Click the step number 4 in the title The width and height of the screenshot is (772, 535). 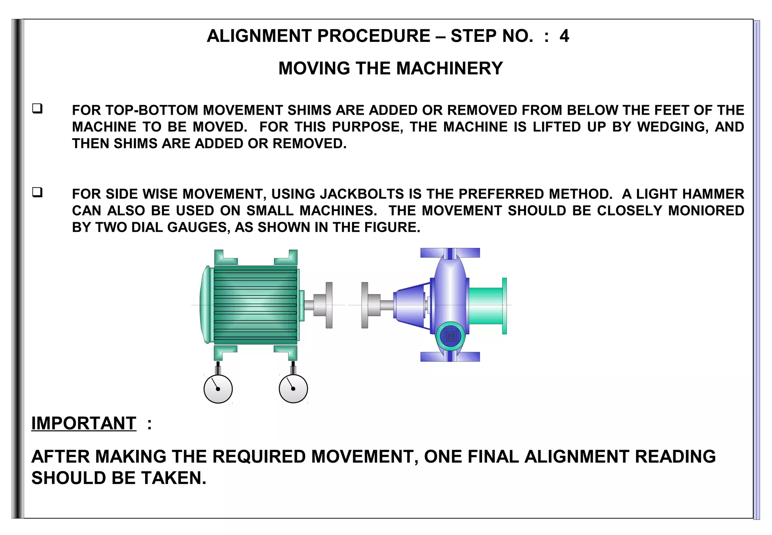pyautogui.click(x=564, y=36)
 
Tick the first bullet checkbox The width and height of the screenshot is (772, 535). pyautogui.click(x=37, y=109)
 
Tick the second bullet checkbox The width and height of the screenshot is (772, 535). pyautogui.click(x=37, y=192)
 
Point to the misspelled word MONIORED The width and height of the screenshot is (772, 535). pyautogui.click(x=706, y=211)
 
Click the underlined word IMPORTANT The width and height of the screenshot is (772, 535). pyautogui.click(x=84, y=423)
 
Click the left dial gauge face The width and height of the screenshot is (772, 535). pyautogui.click(x=218, y=389)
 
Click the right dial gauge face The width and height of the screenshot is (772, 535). pyautogui.click(x=293, y=389)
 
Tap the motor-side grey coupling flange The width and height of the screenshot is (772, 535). pyautogui.click(x=329, y=305)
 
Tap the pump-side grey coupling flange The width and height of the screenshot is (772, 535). pyautogui.click(x=365, y=305)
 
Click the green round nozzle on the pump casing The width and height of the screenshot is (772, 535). pyautogui.click(x=450, y=336)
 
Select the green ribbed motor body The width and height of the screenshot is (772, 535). pyautogui.click(x=255, y=305)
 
